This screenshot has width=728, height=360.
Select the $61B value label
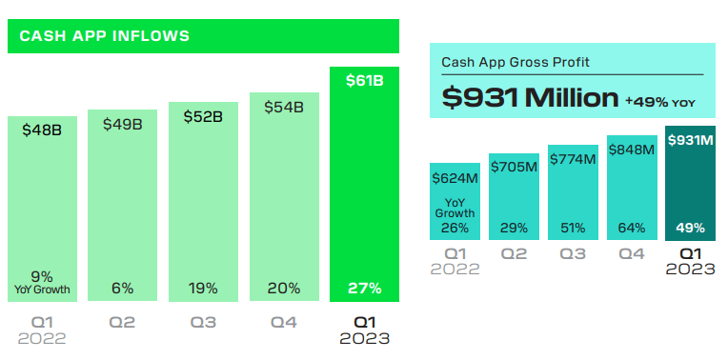pos(364,81)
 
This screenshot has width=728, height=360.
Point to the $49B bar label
pos(123,124)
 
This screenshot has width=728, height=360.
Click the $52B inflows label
pos(203,116)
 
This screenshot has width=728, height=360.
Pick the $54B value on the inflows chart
pos(284,107)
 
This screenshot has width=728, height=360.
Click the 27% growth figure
pos(364,288)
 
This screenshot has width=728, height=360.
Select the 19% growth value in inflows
pos(203,288)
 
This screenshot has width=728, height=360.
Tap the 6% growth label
pos(123,288)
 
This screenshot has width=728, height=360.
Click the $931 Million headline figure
pos(531,97)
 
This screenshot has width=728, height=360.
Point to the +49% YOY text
pos(660,99)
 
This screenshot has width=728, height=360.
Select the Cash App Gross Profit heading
pos(515,62)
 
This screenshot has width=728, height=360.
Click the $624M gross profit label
pos(455,177)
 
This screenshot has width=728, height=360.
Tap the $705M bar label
pos(514,167)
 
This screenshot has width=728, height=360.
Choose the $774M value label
pos(573,158)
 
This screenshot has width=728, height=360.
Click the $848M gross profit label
pos(632,149)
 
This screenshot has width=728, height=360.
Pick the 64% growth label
pos(632,228)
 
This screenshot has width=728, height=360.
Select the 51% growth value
pos(573,228)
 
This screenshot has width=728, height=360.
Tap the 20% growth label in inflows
pos(284,288)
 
